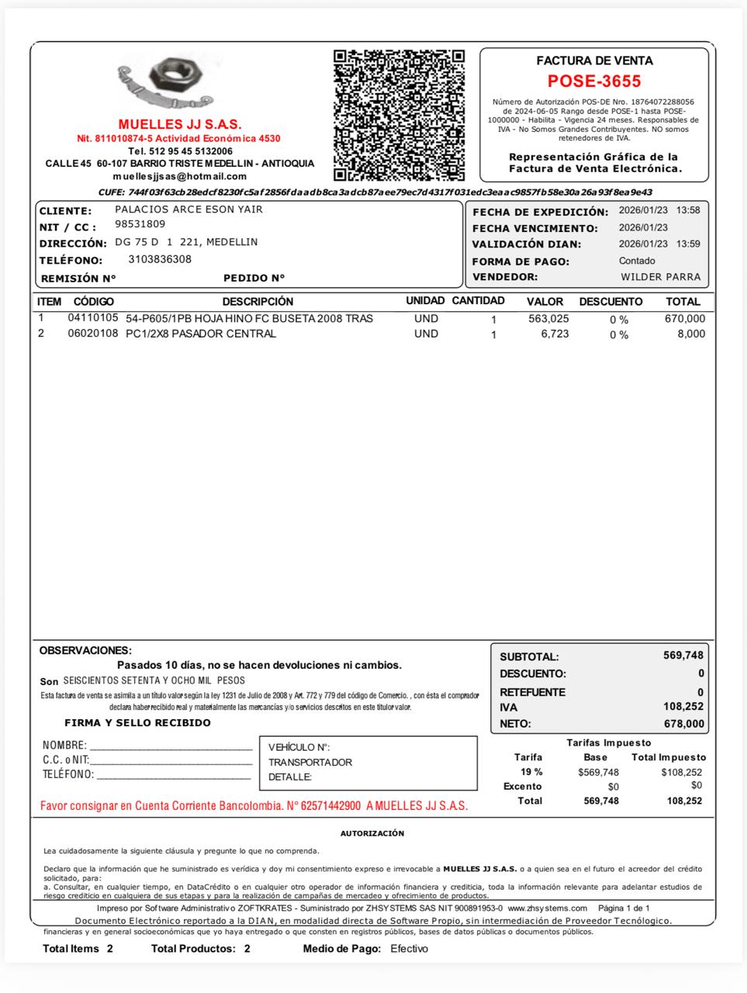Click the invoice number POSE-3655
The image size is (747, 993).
(x=594, y=81)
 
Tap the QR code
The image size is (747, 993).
(x=399, y=115)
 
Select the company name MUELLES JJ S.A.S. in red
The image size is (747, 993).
(x=180, y=124)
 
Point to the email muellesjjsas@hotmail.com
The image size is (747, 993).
(x=179, y=176)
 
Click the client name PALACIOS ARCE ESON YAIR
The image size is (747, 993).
(x=188, y=209)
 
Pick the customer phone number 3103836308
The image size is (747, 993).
(x=160, y=259)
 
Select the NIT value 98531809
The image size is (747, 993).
(x=140, y=224)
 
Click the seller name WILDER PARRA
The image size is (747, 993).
(x=660, y=277)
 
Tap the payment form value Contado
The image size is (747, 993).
(x=637, y=261)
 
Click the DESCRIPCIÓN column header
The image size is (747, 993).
(x=258, y=301)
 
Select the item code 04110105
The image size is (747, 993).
(x=93, y=318)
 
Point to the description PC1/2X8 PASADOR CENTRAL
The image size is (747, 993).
(x=201, y=334)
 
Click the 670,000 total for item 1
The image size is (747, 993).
(x=685, y=319)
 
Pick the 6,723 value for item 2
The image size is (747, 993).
(x=555, y=334)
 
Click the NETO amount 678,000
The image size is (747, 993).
(x=684, y=724)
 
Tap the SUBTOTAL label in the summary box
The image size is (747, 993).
(x=529, y=656)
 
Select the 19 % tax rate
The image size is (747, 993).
(x=531, y=772)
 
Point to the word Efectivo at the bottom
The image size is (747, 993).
(x=409, y=948)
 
